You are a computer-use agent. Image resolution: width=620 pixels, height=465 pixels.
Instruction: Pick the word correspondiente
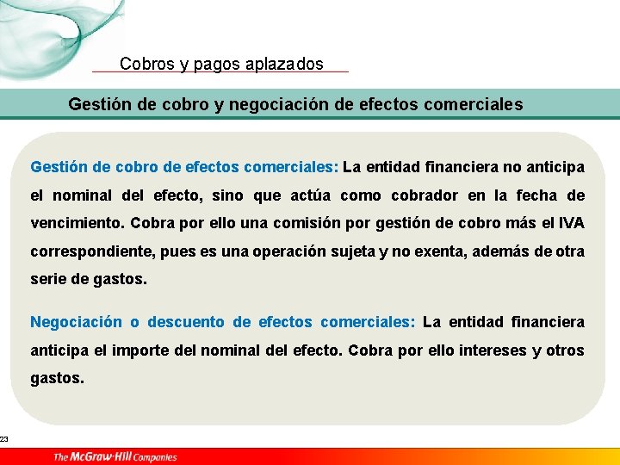(x=94, y=251)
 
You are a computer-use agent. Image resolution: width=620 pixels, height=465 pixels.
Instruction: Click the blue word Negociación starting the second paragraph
(x=77, y=322)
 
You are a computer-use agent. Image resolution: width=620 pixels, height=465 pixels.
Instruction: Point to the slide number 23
(x=4, y=440)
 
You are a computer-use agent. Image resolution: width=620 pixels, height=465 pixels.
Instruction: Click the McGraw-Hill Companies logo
(x=115, y=456)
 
